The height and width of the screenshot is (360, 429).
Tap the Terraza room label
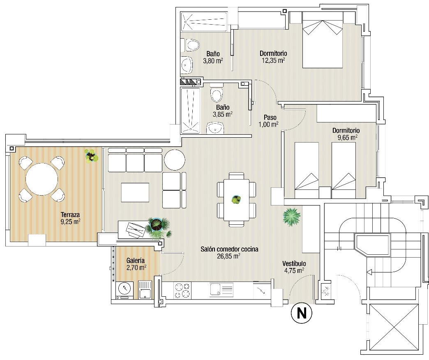click(70, 215)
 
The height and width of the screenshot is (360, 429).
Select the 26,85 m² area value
click(230, 256)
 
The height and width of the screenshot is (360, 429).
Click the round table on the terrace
click(42, 179)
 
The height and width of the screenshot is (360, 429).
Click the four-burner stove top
click(182, 291)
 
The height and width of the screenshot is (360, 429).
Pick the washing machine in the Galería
click(125, 290)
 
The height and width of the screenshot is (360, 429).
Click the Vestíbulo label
click(294, 263)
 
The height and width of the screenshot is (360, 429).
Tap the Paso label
click(270, 118)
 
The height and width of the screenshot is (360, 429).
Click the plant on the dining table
click(236, 199)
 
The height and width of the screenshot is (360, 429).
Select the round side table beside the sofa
click(175, 160)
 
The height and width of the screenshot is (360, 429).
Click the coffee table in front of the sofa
click(135, 192)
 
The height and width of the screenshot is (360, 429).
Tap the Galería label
click(136, 261)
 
